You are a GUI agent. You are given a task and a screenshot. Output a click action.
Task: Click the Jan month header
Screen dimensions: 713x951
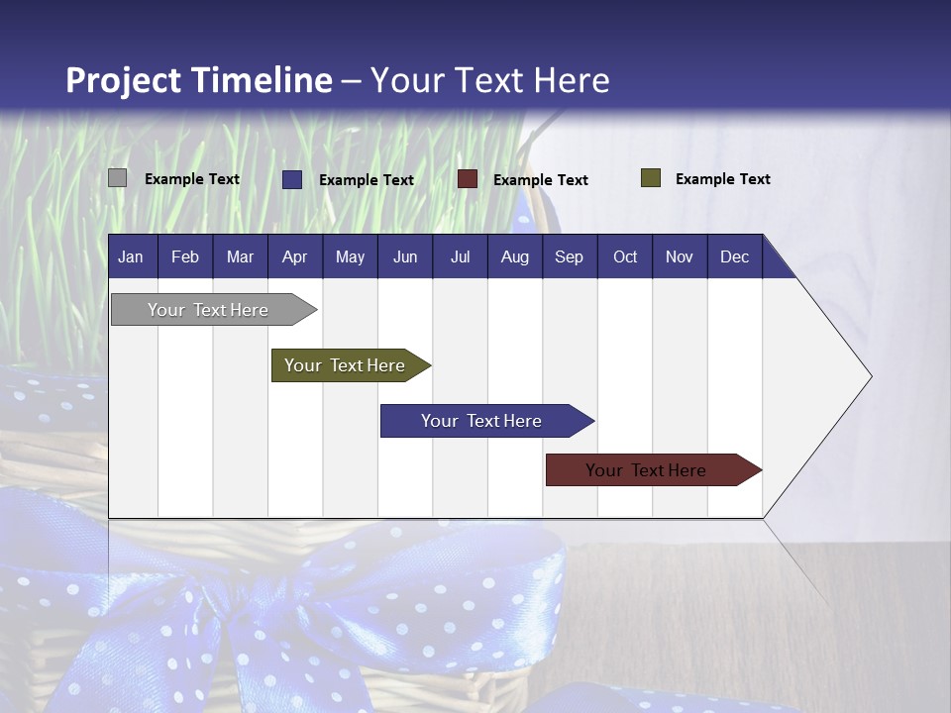click(x=131, y=256)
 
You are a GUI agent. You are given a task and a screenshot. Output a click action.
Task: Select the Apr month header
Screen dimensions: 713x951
click(x=294, y=256)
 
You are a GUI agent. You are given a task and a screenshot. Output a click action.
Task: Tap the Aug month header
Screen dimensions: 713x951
click(x=514, y=256)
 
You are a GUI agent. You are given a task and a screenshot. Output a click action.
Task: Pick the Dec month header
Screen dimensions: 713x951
click(x=734, y=256)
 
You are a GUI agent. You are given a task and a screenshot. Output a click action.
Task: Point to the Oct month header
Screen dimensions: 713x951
click(x=624, y=256)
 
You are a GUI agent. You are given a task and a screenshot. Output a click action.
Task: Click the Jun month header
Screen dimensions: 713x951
click(x=404, y=256)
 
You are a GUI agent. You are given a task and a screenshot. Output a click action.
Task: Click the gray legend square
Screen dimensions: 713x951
click(x=117, y=178)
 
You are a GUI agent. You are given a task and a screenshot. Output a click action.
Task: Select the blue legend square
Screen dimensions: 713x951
click(x=292, y=179)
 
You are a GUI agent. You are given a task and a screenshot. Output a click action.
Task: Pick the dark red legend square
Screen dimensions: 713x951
click(x=467, y=179)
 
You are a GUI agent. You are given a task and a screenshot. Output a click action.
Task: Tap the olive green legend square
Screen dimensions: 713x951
click(x=650, y=178)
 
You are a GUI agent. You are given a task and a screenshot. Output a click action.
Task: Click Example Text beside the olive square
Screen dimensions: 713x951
click(x=722, y=179)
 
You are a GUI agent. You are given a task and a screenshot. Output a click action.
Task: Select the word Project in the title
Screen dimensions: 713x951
click(x=125, y=79)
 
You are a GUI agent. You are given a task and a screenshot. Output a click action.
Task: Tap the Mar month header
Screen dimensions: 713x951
click(x=240, y=256)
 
